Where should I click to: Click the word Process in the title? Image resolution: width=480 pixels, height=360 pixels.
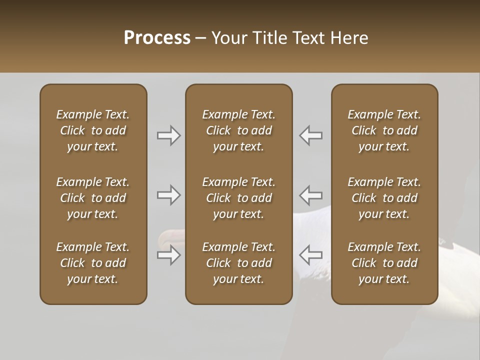point(157,38)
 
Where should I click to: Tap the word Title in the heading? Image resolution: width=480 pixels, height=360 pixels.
point(270,38)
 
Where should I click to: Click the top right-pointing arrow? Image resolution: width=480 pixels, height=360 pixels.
point(168,135)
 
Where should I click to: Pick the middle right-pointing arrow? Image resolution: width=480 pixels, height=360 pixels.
point(168,195)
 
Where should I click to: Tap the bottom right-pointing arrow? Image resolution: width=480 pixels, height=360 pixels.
point(168,255)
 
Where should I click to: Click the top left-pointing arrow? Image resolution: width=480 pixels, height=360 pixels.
point(310,135)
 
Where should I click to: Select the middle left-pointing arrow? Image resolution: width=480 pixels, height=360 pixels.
point(310,195)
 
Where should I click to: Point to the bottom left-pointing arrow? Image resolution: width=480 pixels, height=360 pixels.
point(310,255)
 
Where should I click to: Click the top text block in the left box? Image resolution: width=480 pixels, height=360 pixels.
point(93,130)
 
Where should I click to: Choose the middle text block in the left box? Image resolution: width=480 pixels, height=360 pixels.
point(93,198)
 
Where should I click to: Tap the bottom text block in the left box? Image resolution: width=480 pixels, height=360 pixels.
point(93,263)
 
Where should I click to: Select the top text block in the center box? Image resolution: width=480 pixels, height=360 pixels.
point(238,130)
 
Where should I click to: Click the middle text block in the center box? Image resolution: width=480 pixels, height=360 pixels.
point(238,198)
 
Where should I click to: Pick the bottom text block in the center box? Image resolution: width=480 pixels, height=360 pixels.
point(238,263)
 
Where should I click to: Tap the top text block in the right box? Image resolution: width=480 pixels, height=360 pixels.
point(384,130)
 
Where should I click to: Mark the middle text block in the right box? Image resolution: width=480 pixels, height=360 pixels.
point(384,198)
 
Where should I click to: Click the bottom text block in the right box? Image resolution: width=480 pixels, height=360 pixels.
point(384,263)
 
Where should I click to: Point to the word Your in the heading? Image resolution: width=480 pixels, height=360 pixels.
point(230,38)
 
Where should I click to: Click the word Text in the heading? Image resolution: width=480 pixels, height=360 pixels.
point(308,38)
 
